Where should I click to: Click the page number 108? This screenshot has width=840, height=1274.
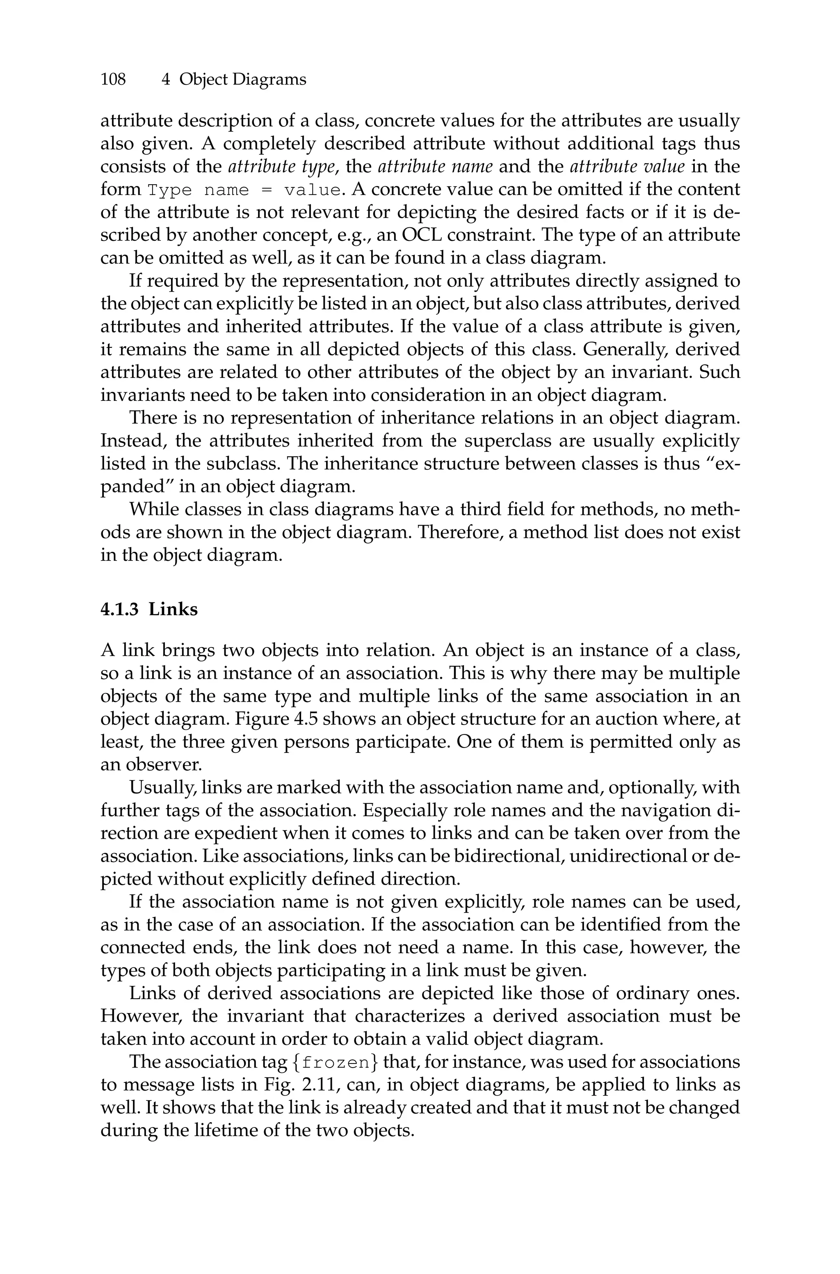113,80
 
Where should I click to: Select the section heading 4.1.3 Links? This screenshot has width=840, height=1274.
149,609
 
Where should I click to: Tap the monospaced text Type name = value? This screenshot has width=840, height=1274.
244,190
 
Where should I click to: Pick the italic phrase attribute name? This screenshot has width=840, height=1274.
435,167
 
